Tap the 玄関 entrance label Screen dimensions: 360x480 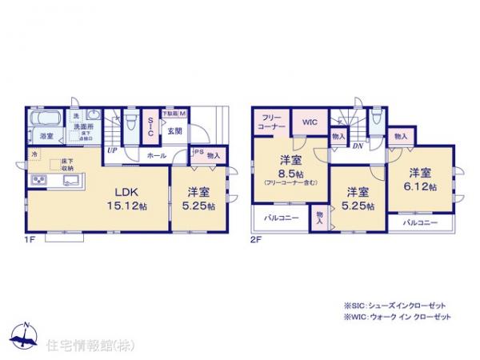[175, 130]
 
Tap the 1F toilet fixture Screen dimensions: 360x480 [178, 113]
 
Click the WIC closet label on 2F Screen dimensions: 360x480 [310, 122]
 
